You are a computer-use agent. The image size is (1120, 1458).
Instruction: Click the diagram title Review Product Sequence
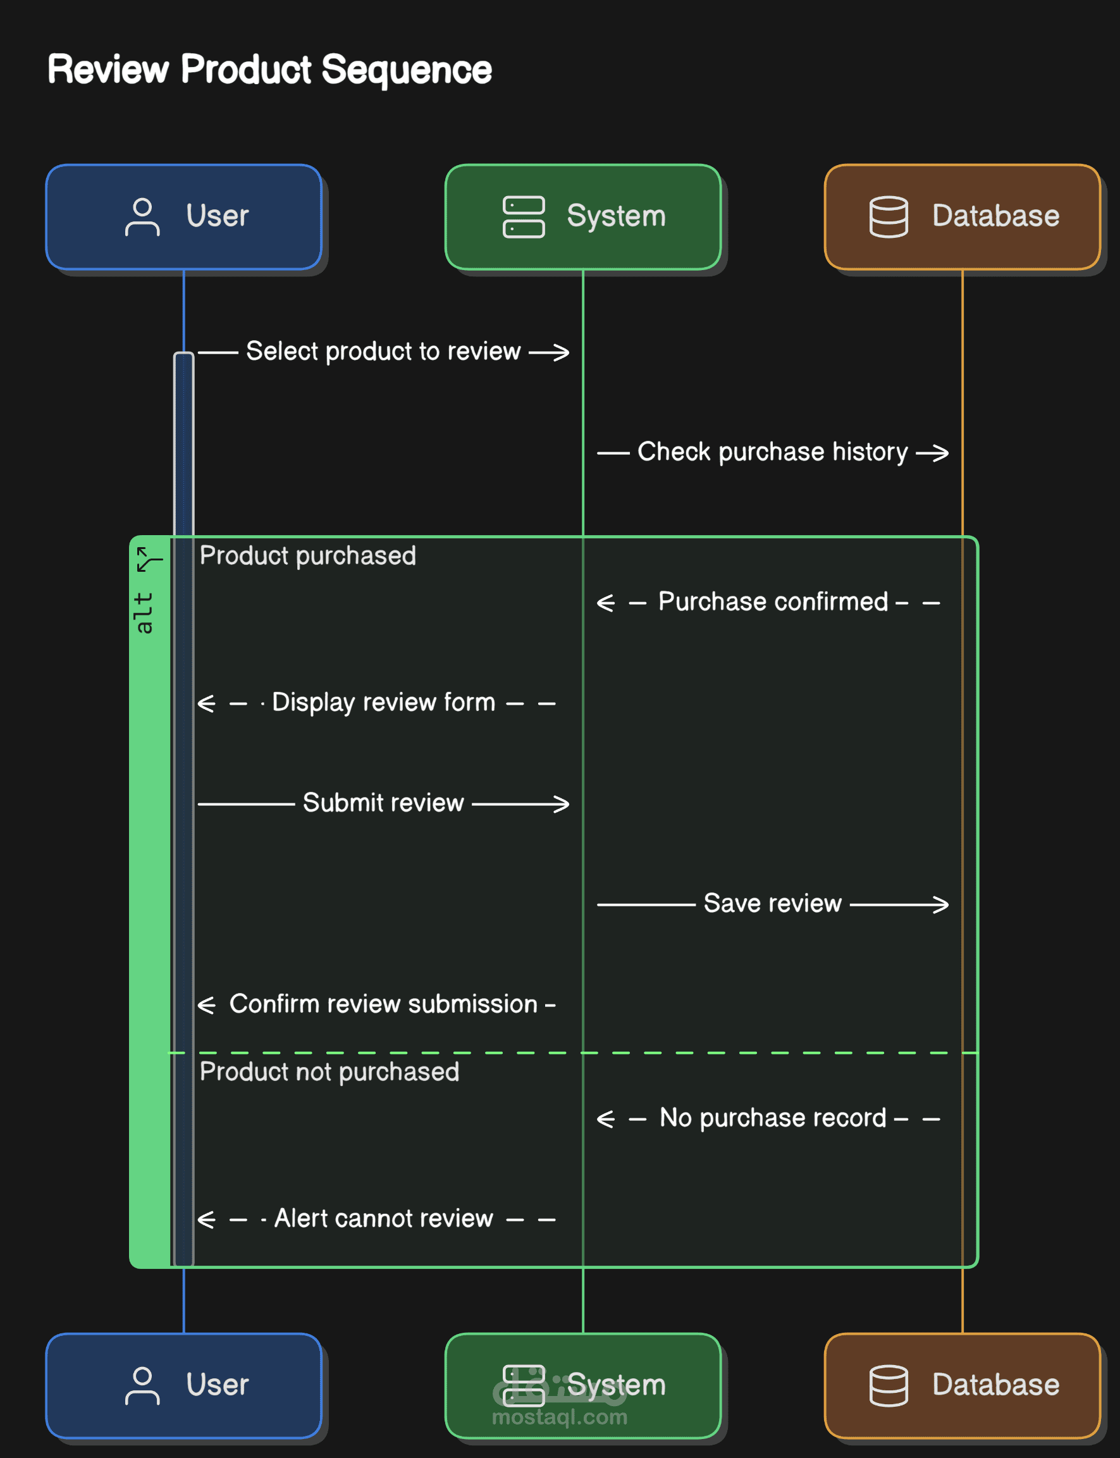point(269,70)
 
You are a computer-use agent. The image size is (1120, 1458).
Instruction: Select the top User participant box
point(184,217)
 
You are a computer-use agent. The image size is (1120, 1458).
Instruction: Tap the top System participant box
point(583,217)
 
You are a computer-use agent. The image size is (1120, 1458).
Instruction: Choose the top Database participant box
point(963,217)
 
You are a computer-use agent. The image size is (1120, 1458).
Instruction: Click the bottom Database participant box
point(963,1385)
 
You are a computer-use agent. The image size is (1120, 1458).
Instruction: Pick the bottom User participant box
point(184,1385)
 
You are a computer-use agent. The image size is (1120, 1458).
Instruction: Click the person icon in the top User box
point(142,217)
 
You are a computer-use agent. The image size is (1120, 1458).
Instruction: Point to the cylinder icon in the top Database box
point(889,217)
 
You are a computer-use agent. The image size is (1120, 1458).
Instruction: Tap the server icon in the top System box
point(524,217)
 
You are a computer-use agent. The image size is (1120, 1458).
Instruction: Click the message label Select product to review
point(383,351)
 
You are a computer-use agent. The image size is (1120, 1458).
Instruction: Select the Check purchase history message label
point(773,452)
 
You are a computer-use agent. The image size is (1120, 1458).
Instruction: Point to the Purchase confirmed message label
point(773,602)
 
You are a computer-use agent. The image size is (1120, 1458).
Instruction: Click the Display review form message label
point(384,703)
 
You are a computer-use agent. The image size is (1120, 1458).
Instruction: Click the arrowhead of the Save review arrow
point(940,905)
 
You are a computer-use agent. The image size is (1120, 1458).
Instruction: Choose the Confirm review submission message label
point(384,1004)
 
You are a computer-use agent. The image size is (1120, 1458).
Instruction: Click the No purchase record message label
point(773,1118)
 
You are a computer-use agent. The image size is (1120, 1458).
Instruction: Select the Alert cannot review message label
point(384,1219)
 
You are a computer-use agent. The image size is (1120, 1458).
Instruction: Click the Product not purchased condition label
point(329,1072)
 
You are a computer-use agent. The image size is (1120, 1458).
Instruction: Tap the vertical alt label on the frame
point(144,613)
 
